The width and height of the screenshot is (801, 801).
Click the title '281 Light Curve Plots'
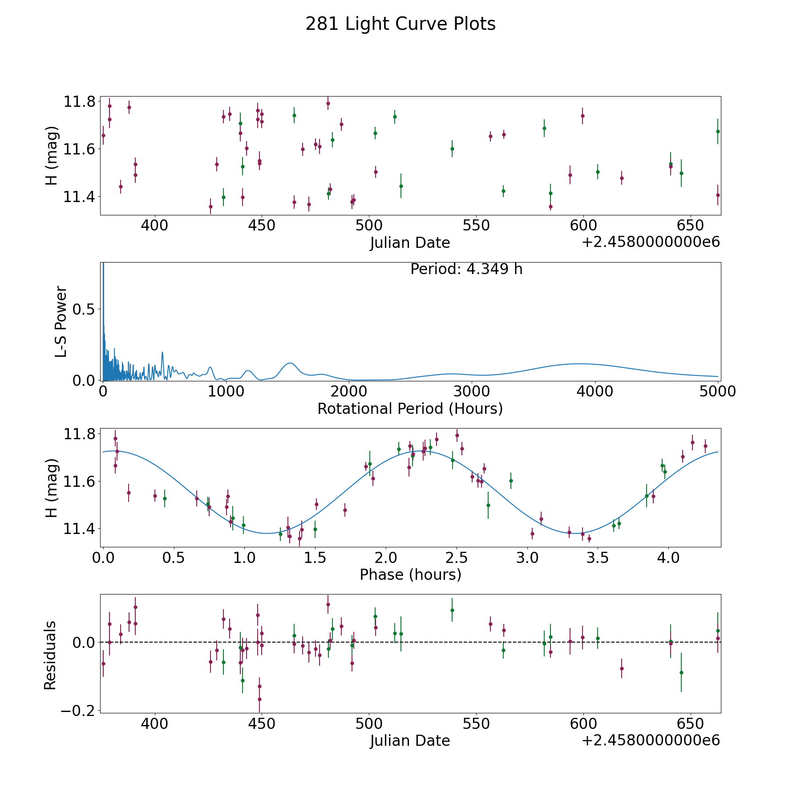click(x=400, y=24)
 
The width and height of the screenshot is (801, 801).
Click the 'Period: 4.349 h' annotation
click(x=466, y=269)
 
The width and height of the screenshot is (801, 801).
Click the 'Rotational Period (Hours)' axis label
click(x=410, y=409)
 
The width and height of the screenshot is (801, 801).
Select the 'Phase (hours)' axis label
click(x=410, y=574)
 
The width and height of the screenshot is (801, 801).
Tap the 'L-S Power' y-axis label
click(x=61, y=322)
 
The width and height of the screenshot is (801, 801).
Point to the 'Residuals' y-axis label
click(x=50, y=655)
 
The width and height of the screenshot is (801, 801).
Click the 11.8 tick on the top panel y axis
click(x=80, y=102)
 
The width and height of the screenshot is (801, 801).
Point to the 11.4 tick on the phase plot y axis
click(x=80, y=529)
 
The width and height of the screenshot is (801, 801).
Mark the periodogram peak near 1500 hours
click(x=290, y=363)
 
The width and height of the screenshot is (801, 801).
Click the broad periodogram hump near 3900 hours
click(x=578, y=364)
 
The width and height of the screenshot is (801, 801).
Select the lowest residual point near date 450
click(x=259, y=699)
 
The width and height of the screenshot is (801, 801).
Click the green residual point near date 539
click(x=452, y=610)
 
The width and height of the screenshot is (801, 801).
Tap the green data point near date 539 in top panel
click(x=452, y=149)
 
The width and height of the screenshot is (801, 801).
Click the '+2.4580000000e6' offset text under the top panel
click(x=651, y=243)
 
